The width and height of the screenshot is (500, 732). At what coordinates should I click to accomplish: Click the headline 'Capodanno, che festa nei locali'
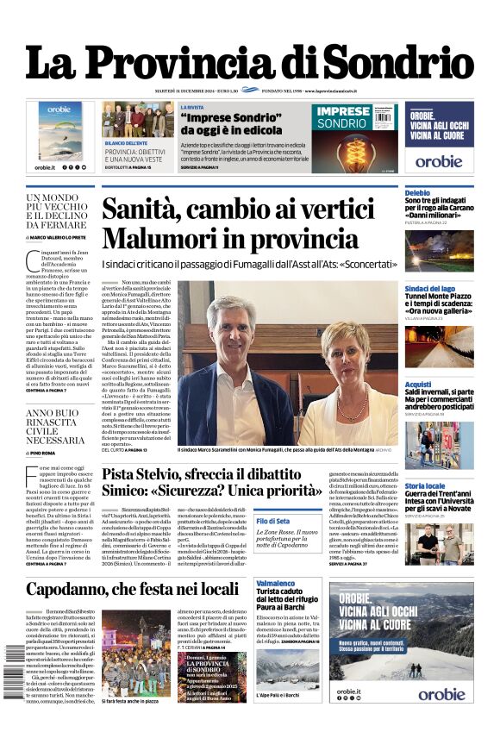pyautogui.click(x=132, y=590)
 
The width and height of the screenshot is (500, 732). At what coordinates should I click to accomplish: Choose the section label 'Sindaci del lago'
pyautogui.click(x=429, y=289)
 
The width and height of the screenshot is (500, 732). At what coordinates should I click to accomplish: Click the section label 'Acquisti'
pyautogui.click(x=418, y=385)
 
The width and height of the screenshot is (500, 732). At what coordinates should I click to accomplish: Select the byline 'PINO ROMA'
pyautogui.click(x=42, y=452)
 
